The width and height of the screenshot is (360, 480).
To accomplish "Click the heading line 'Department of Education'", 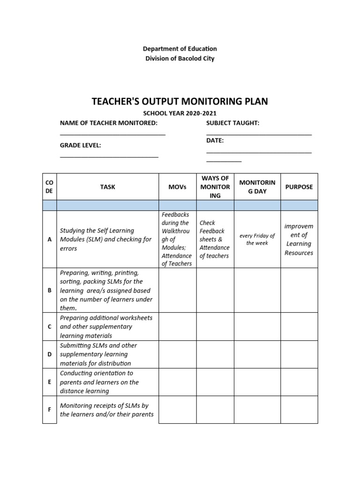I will (180, 49).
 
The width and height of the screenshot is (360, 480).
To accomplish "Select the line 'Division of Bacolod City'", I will (180, 59).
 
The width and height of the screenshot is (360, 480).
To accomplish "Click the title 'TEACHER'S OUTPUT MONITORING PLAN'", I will (180, 102).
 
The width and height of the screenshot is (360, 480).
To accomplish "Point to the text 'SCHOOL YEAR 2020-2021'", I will (180, 114).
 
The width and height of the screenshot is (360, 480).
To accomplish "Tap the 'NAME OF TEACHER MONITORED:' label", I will (109, 123).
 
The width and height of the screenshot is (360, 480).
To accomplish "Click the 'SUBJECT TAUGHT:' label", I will (232, 123).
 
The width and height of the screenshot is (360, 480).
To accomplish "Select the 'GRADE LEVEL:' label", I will (81, 145).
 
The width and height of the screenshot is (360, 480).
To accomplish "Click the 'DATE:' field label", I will (215, 140).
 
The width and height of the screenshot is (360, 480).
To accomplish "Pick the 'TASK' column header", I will (107, 187).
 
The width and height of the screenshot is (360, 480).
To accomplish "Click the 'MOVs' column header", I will (178, 187).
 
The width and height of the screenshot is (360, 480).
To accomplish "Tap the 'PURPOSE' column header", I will (299, 187).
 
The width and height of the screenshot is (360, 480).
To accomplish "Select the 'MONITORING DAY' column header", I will (257, 187).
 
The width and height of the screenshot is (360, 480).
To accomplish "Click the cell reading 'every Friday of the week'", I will (257, 239).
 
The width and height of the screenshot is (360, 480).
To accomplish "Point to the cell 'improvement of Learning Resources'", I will (299, 239).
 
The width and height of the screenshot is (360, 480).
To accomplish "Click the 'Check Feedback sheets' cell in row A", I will (214, 239).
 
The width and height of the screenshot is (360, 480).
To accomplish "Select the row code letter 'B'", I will (50, 290).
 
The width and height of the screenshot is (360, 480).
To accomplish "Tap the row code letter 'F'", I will (50, 410).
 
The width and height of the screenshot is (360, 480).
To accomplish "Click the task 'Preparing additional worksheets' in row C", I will (107, 326).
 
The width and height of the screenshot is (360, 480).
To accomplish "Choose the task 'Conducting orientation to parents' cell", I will (107, 382).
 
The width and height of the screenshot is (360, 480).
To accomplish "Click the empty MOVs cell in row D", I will (178, 354).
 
